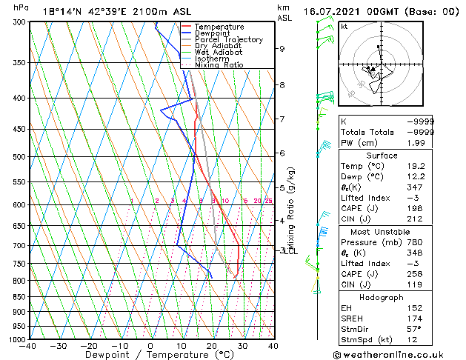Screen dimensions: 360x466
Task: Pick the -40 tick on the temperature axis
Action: point(29,346)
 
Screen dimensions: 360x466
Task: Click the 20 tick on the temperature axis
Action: point(212,346)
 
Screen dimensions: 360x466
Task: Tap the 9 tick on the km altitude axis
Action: point(282,49)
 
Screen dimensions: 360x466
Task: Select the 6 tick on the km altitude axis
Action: point(282,153)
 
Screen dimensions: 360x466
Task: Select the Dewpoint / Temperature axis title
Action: point(151,355)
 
